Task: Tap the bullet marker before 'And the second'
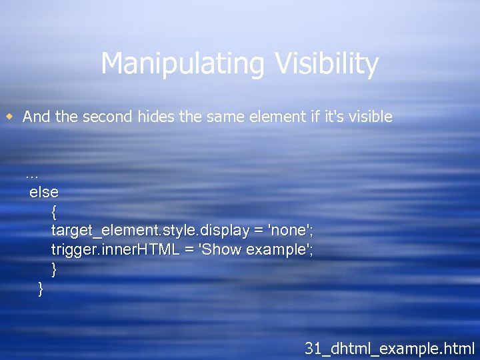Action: [x=10, y=117]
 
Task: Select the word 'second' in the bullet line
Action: [x=107, y=117]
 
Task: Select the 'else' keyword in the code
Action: [x=44, y=192]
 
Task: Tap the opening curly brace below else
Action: [x=54, y=212]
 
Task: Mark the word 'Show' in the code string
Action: [x=223, y=250]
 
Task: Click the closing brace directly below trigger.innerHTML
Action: [x=54, y=269]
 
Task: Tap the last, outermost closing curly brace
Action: [x=41, y=289]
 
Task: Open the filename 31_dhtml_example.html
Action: [x=389, y=347]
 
